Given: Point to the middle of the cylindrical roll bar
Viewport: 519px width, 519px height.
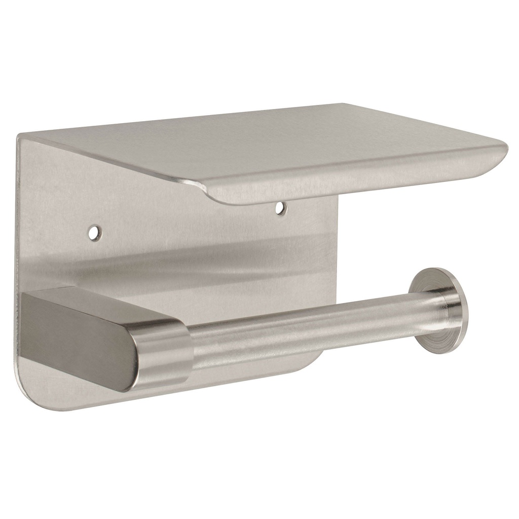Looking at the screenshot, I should point(304,329).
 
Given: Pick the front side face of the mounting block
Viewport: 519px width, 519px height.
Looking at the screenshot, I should point(76,345).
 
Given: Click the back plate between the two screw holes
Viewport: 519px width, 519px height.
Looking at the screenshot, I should point(188,223).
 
